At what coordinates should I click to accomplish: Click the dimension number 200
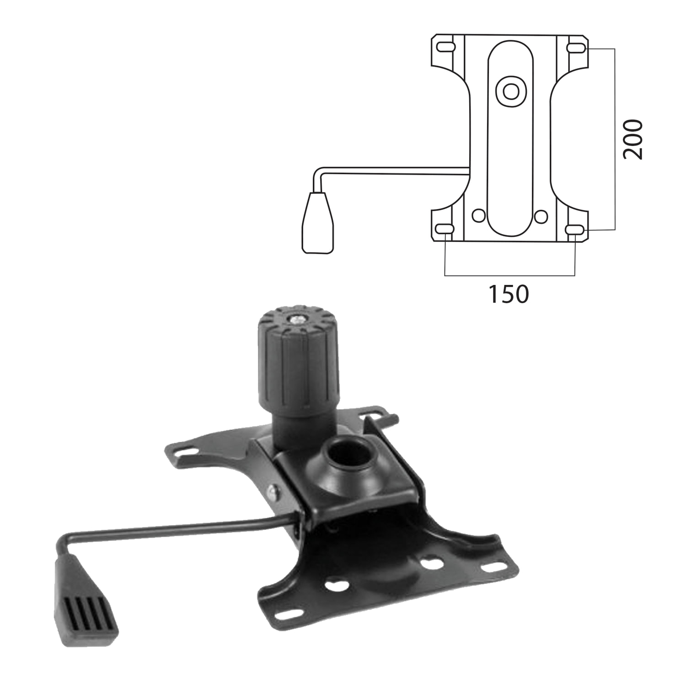click(633, 139)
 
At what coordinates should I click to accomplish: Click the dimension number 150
click(509, 295)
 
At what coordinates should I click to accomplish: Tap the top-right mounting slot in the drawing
click(574, 47)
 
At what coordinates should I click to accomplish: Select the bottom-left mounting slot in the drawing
click(445, 229)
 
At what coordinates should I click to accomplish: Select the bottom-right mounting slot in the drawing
click(574, 229)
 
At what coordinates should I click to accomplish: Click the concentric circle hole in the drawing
click(510, 91)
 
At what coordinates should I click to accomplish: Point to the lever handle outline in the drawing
click(317, 223)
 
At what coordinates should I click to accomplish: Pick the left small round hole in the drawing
click(479, 215)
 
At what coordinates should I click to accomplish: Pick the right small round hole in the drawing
click(541, 215)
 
